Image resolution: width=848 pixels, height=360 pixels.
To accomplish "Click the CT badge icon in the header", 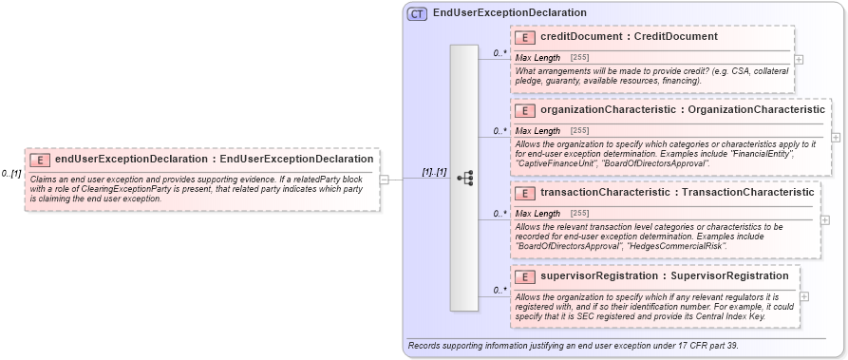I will pyautogui.click(x=416, y=13).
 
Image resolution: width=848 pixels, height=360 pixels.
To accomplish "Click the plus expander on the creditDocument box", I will pyautogui.click(x=799, y=59).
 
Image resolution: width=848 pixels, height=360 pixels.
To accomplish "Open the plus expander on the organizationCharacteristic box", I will pyautogui.click(x=835, y=137).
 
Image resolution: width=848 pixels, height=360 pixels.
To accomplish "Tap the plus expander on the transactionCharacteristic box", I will pyautogui.click(x=824, y=219).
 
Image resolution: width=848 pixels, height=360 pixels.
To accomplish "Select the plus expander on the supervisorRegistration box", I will pyautogui.click(x=804, y=296).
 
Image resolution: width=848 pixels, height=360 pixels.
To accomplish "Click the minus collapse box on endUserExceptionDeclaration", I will pyautogui.click(x=384, y=179).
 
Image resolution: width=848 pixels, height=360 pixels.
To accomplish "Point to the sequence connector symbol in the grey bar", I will pyautogui.click(x=464, y=178).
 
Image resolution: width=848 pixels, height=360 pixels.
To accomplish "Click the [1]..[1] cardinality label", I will pyautogui.click(x=435, y=172).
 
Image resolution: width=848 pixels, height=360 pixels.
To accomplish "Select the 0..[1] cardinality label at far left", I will pyautogui.click(x=11, y=173).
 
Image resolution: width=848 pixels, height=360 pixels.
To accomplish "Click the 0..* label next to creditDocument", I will pyautogui.click(x=499, y=53).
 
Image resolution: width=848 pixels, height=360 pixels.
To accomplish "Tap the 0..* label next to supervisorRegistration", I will pyautogui.click(x=499, y=290).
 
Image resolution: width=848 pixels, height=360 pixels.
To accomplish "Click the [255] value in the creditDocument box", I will pyautogui.click(x=579, y=58).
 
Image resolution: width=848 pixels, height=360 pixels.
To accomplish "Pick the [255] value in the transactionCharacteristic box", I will pyautogui.click(x=579, y=214).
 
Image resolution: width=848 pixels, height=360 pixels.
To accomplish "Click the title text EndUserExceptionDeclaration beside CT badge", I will pyautogui.click(x=509, y=13).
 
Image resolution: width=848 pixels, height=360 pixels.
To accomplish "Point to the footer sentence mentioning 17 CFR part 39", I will pyautogui.click(x=573, y=346).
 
